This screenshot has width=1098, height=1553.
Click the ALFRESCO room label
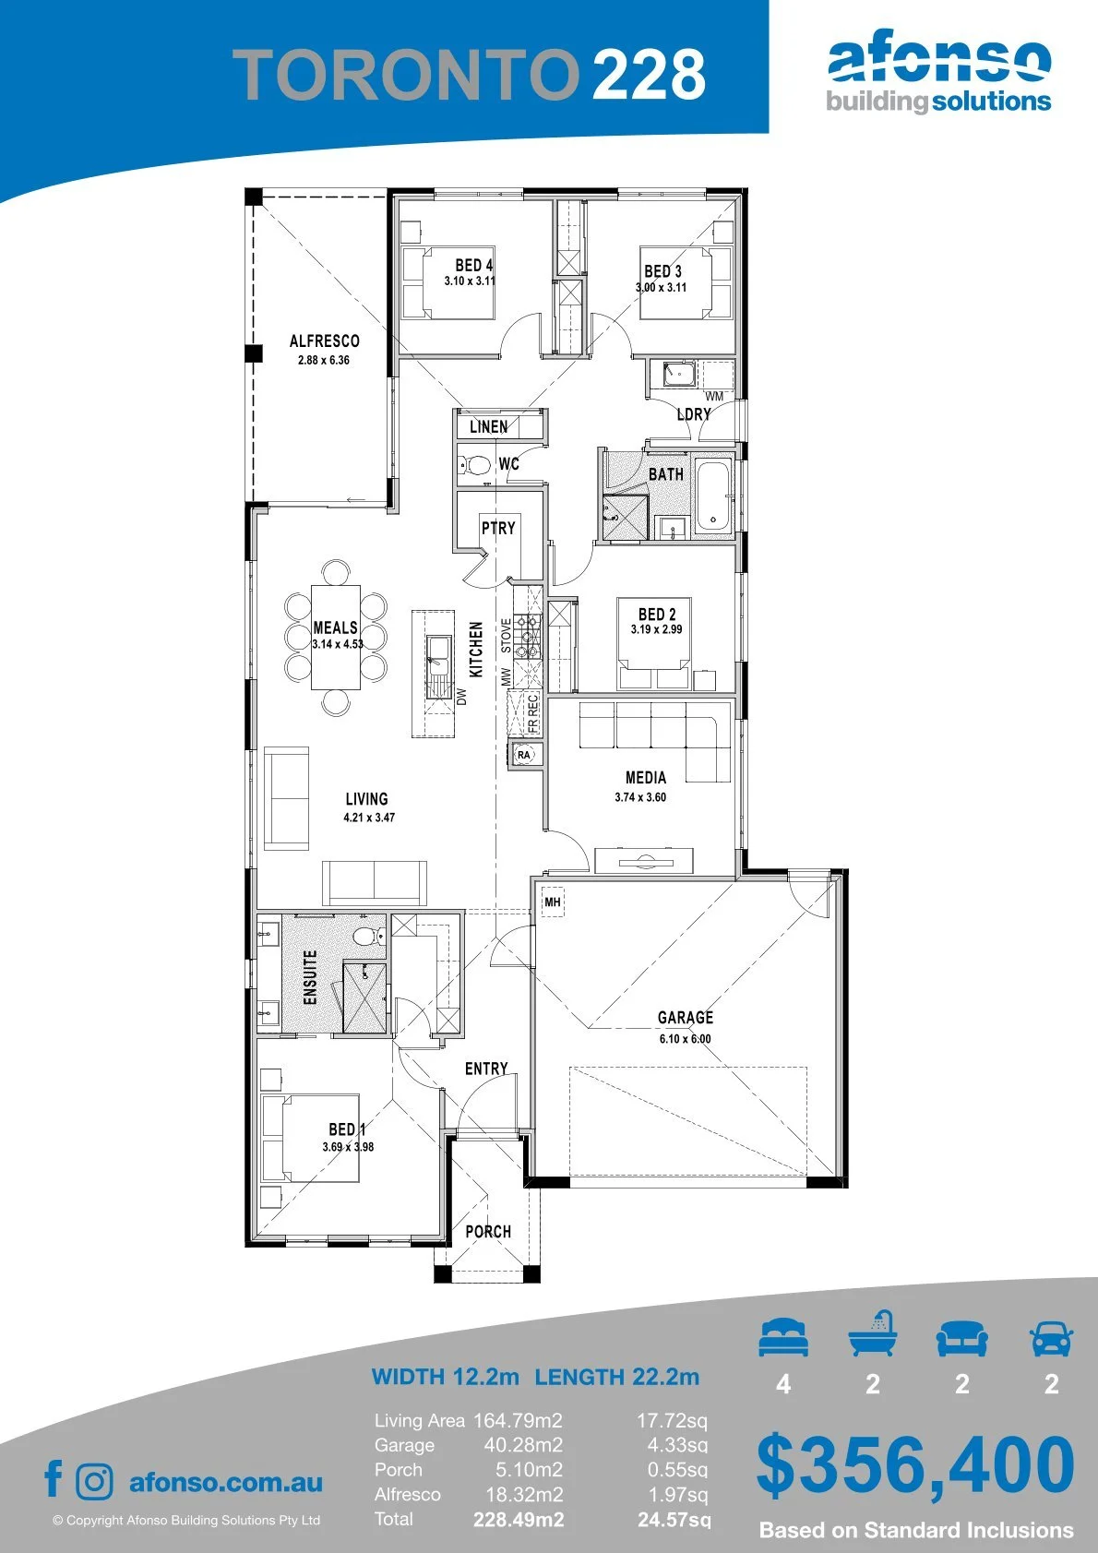pyautogui.click(x=325, y=340)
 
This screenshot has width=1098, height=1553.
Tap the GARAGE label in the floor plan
pyautogui.click(x=685, y=1017)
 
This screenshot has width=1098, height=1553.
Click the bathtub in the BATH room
pyautogui.click(x=712, y=495)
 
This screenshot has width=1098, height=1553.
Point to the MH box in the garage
pyautogui.click(x=553, y=902)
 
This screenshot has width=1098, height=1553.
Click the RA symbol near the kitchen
pyautogui.click(x=524, y=754)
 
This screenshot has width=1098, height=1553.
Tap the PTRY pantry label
pyautogui.click(x=498, y=528)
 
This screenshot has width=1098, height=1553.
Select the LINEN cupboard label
pyautogui.click(x=489, y=426)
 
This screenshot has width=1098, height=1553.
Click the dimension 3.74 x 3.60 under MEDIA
pyautogui.click(x=640, y=796)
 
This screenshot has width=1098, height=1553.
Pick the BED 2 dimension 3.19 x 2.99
pyautogui.click(x=656, y=628)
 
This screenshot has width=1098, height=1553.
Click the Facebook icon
pyautogui.click(x=54, y=1478)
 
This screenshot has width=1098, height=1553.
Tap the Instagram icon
pyautogui.click(x=93, y=1480)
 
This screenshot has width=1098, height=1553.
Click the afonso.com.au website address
pyautogui.click(x=226, y=1482)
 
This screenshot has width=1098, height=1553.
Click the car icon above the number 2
pyautogui.click(x=1052, y=1338)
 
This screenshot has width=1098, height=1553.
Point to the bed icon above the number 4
pyautogui.click(x=783, y=1337)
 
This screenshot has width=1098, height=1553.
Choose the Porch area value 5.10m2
pyautogui.click(x=529, y=1470)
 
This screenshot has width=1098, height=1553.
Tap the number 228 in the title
pyautogui.click(x=649, y=75)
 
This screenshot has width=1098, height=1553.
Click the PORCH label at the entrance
pyautogui.click(x=488, y=1231)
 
